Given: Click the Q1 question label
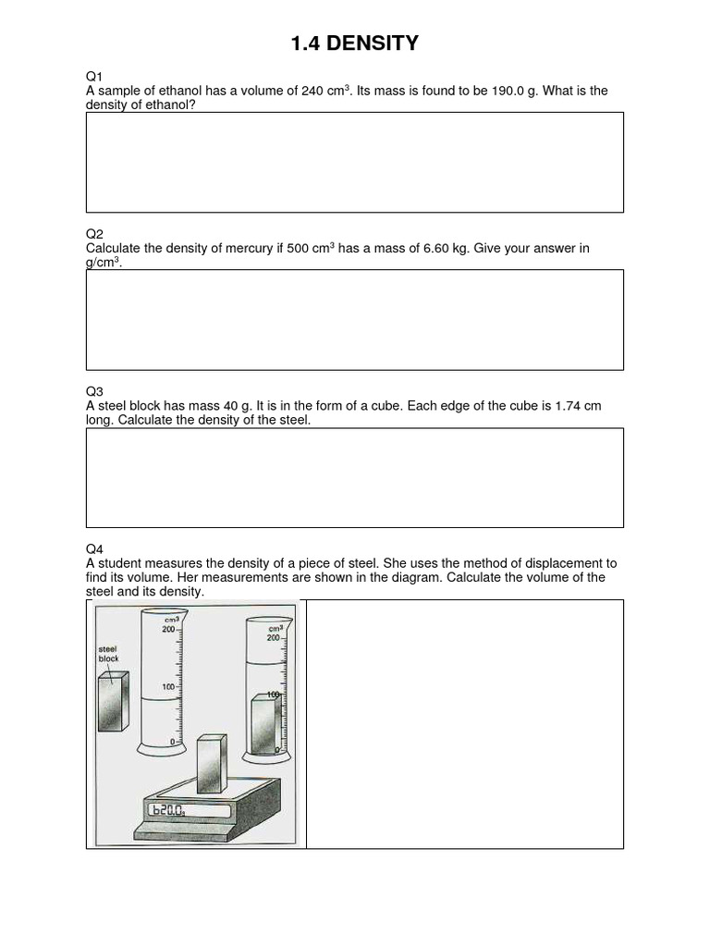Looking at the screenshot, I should click(94, 77).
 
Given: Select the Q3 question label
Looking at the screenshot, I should click(94, 391).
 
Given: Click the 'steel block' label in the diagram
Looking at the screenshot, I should click(109, 654).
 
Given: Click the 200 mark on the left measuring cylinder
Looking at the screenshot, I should click(168, 629).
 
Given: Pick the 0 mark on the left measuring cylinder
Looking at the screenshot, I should click(172, 742).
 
